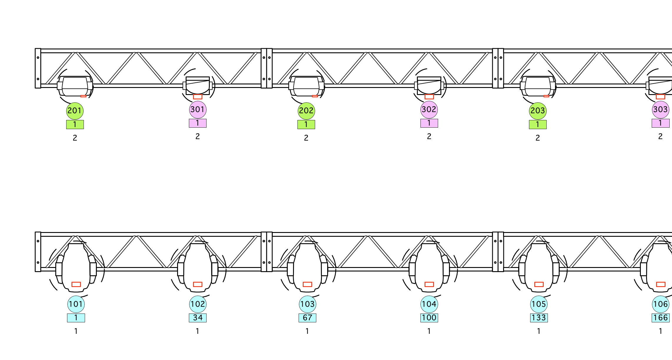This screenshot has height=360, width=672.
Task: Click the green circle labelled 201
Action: point(75,111)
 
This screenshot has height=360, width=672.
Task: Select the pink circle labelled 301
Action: point(198,110)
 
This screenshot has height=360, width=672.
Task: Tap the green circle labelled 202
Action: point(306,111)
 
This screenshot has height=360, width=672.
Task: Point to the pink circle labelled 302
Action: point(429,110)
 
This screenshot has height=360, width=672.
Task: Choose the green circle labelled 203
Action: point(538,111)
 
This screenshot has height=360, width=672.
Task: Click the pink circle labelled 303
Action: point(661,110)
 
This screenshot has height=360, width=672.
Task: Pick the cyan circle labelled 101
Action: point(76,304)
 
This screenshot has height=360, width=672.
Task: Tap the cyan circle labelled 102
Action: point(198,304)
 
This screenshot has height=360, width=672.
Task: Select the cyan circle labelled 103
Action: point(307,304)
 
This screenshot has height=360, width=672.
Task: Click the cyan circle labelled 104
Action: point(429,304)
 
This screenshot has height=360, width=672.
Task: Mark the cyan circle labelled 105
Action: point(539,304)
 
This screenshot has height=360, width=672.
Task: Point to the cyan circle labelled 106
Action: point(661,304)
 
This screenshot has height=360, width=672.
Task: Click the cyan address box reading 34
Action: point(198,318)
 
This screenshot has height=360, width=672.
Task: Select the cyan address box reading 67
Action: point(307,318)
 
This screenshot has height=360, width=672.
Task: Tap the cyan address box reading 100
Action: point(429,318)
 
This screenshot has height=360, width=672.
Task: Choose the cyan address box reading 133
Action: point(539,318)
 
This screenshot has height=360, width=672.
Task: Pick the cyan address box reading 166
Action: point(661,318)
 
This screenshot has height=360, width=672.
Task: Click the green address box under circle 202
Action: point(306,125)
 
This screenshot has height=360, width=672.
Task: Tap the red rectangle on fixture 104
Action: point(429,284)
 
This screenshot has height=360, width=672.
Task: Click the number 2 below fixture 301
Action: point(198,136)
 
